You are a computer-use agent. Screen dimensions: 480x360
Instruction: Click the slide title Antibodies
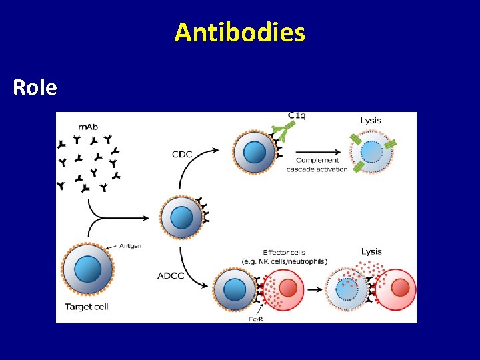point(240,32)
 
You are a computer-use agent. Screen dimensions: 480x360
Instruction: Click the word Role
point(35,87)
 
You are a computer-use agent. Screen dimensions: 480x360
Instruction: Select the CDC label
point(181,155)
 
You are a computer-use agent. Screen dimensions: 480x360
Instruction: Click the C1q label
point(298,116)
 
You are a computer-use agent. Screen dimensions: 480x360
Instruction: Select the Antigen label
point(131,246)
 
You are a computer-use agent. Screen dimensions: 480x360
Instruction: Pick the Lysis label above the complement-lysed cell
point(371,120)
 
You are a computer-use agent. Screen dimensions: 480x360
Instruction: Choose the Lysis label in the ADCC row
point(371,251)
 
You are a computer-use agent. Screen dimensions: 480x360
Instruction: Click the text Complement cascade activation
point(317,165)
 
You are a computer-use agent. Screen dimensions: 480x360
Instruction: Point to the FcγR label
point(255,319)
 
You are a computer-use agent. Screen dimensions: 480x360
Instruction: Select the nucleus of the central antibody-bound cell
point(181,217)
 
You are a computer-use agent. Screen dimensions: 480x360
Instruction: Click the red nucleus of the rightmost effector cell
point(400,288)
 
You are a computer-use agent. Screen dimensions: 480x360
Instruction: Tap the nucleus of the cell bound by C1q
point(254,153)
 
